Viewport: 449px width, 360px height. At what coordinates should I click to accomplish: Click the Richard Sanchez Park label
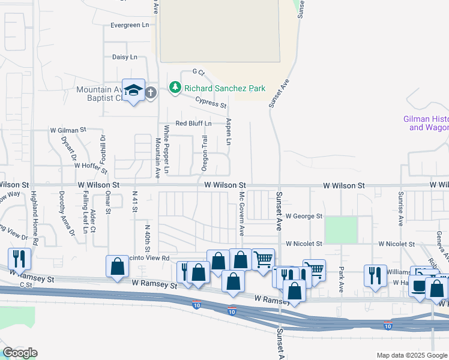tap(224, 88)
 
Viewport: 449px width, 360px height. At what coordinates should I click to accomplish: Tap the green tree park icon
tap(175, 88)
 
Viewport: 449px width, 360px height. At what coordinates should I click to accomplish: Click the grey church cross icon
tap(150, 92)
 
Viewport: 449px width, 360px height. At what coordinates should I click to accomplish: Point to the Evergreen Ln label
tap(130, 25)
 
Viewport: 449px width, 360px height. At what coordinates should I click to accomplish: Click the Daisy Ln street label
tap(125, 57)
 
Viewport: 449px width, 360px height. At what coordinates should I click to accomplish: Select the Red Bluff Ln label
tap(193, 124)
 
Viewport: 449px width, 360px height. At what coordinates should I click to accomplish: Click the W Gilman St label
tap(68, 130)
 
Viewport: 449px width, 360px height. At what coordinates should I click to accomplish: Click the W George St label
tap(304, 215)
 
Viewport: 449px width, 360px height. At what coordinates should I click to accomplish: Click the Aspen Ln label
tap(228, 131)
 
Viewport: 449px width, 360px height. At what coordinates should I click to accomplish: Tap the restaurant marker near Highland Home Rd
tap(19, 259)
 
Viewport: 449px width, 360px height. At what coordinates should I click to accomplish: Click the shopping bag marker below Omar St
tap(118, 266)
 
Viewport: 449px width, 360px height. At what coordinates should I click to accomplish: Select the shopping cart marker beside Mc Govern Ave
tap(263, 260)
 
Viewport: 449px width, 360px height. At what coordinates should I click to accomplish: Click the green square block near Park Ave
tap(341, 230)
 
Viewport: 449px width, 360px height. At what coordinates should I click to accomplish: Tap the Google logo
tap(20, 353)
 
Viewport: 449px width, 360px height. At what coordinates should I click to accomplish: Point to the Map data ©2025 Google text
tap(411, 355)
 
